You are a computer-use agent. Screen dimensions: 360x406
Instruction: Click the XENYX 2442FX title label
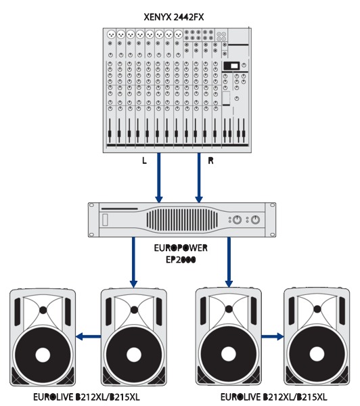pyautogui.click(x=174, y=17)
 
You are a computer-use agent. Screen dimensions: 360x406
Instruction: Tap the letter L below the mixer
pyautogui.click(x=144, y=161)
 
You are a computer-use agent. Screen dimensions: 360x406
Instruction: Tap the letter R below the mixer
pyautogui.click(x=211, y=161)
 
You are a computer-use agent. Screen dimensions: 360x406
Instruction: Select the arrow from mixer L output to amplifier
pyautogui.click(x=159, y=177)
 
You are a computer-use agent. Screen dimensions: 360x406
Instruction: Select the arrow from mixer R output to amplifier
pyautogui.click(x=199, y=177)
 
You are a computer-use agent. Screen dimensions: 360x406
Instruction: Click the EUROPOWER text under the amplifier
pyautogui.click(x=181, y=248)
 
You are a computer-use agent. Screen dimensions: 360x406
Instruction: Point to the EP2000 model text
pyautogui.click(x=181, y=260)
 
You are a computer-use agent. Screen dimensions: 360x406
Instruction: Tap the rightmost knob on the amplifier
pyautogui.click(x=255, y=220)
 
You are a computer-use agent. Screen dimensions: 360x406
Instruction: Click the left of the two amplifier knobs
pyautogui.click(x=237, y=220)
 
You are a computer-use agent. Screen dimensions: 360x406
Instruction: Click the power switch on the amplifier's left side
pyautogui.click(x=105, y=220)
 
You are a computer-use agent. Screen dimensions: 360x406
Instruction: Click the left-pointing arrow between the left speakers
pyautogui.click(x=89, y=336)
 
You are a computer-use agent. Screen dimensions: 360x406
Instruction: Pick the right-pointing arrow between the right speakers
pyautogui.click(x=273, y=336)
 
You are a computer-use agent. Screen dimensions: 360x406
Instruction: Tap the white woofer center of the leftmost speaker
pyautogui.click(x=43, y=355)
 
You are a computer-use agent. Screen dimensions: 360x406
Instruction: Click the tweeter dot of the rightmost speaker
pyautogui.click(x=317, y=309)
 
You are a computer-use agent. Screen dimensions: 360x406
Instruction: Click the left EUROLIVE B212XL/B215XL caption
pyautogui.click(x=87, y=397)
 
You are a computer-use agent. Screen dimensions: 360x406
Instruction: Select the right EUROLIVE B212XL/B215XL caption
pyautogui.click(x=274, y=397)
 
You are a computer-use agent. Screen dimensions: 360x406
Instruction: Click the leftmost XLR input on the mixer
pyautogui.click(x=111, y=34)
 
